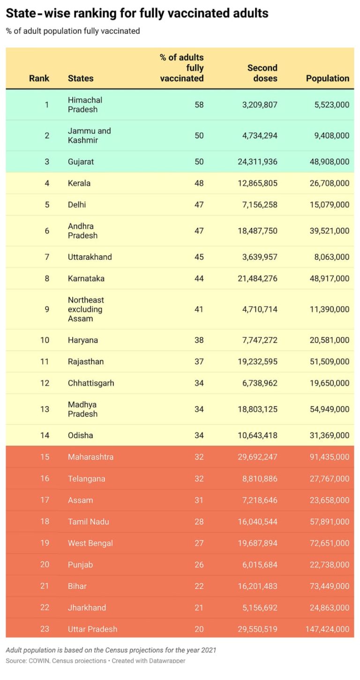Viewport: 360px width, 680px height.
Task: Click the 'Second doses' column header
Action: [262, 73]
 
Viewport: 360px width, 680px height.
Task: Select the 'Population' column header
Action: [327, 78]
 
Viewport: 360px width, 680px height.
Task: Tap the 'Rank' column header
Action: [39, 78]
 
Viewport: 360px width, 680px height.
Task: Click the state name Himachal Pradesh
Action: [85, 105]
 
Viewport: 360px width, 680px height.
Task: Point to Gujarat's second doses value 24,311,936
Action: [257, 162]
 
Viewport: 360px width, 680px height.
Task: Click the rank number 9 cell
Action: [46, 309]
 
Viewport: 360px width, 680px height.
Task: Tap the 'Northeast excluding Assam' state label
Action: [86, 309]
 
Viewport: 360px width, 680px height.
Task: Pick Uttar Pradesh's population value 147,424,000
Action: [327, 629]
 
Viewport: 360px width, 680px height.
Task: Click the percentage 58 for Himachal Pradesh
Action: [199, 105]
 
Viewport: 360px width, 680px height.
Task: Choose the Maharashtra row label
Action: [90, 457]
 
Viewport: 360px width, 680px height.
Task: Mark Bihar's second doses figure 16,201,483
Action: [257, 586]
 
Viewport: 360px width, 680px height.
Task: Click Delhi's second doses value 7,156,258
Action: [260, 205]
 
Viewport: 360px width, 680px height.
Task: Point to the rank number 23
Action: [45, 629]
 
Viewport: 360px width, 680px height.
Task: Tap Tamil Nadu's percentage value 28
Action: [199, 522]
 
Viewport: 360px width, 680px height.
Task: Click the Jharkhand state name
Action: [87, 608]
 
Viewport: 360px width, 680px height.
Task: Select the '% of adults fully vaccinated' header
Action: [182, 68]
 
